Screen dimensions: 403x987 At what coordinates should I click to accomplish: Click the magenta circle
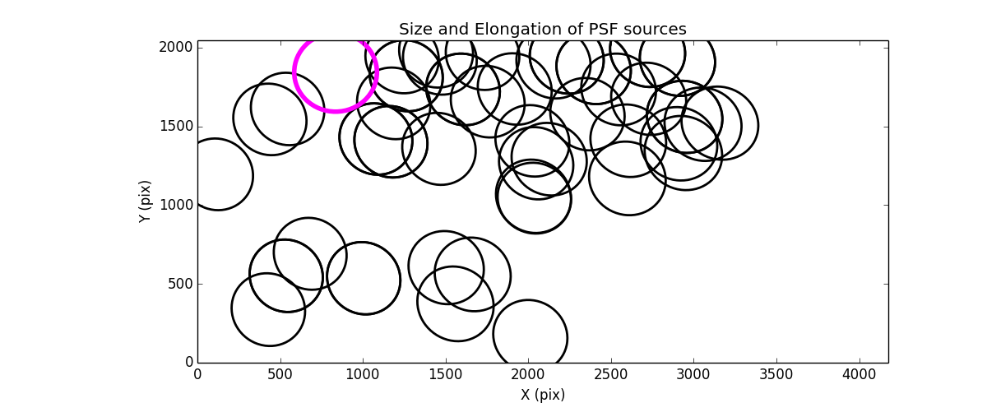tap(336, 72)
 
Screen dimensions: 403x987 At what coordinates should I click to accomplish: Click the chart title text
tap(542, 30)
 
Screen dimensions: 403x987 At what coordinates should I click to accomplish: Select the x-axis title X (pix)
tap(542, 395)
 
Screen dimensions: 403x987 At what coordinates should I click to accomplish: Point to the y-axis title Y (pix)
tap(146, 201)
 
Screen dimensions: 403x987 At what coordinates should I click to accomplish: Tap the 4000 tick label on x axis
tap(860, 375)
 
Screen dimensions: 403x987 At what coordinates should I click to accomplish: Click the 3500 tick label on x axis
tap(776, 375)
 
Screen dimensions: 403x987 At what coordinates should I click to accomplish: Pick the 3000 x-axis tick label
tap(693, 375)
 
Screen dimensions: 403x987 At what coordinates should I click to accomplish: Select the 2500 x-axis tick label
tap(611, 375)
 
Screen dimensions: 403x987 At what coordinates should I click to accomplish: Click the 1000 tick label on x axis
tap(363, 375)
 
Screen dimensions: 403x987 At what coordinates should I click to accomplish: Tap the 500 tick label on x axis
tap(280, 375)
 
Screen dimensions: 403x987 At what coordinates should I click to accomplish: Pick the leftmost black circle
tap(215, 174)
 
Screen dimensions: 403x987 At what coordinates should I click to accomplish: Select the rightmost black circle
tap(720, 123)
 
